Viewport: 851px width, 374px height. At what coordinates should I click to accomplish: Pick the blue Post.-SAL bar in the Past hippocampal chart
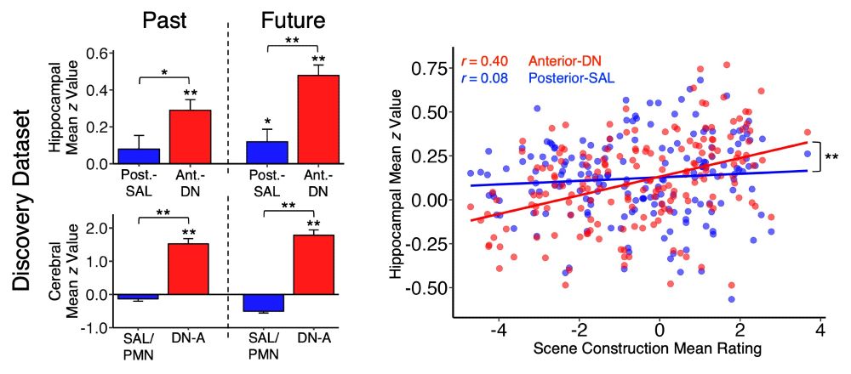point(139,156)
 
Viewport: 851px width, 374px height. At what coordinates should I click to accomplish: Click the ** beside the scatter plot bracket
point(831,156)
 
